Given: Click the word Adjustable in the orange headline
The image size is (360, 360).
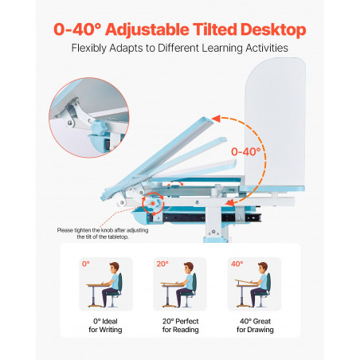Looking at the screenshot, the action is tap(147, 29).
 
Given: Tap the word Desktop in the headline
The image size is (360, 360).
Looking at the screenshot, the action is tap(273, 29).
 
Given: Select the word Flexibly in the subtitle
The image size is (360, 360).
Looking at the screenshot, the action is tap(88, 49).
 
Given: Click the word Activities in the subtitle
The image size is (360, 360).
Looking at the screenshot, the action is tap(267, 48).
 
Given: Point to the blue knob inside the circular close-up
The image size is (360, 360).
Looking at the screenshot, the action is tap(99, 127).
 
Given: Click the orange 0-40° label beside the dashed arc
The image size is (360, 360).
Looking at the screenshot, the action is tap(246, 151).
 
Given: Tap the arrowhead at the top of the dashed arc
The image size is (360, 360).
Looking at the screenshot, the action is tap(216, 119).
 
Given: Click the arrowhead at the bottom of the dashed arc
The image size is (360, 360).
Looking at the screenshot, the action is tap(229, 203).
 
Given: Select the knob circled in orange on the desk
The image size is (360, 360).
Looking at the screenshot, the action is tap(153, 204).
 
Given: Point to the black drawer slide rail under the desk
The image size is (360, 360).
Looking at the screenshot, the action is tap(205, 217).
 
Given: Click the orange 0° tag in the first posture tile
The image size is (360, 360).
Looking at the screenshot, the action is tap(86, 264).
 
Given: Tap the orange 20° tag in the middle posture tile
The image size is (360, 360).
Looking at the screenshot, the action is tap(162, 264).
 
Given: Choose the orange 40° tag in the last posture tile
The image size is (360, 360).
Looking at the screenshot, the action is tap(237, 264).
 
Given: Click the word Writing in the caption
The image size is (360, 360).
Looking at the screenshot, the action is tap(111, 330).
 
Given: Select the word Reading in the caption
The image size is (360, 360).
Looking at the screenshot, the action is tap(186, 330).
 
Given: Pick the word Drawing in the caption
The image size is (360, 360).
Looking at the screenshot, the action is tap(261, 330).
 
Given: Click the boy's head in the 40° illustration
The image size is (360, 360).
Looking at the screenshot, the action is tap(263, 268).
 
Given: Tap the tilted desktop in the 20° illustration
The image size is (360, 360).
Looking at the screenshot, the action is tap(170, 284).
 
